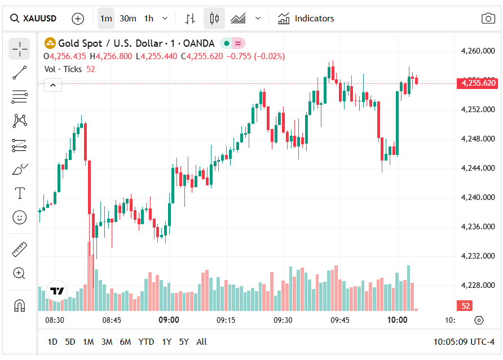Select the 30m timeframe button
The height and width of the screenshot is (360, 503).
(x=128, y=19)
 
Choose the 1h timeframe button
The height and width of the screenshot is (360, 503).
(x=149, y=19)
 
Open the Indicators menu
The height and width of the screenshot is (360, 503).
(x=306, y=19)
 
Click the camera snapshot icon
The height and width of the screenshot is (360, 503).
(x=488, y=19)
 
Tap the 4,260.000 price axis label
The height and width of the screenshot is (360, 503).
(x=478, y=51)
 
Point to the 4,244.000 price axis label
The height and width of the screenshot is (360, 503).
(x=478, y=168)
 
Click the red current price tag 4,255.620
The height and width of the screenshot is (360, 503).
(x=478, y=83)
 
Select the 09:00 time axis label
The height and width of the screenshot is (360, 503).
(x=169, y=320)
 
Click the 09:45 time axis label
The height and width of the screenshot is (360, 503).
(x=340, y=320)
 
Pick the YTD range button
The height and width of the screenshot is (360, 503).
(x=146, y=341)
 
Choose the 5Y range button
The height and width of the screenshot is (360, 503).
(x=184, y=341)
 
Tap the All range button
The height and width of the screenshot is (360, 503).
(x=201, y=341)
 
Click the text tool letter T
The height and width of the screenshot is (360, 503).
(x=19, y=193)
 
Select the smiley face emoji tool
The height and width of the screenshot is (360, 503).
(x=19, y=217)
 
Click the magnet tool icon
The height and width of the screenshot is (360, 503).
(x=19, y=305)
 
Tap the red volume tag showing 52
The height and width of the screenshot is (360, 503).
(x=464, y=306)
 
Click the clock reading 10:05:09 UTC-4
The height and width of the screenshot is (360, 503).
(x=464, y=341)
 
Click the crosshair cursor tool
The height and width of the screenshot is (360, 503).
(x=19, y=49)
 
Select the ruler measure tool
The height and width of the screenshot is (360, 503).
(x=19, y=249)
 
